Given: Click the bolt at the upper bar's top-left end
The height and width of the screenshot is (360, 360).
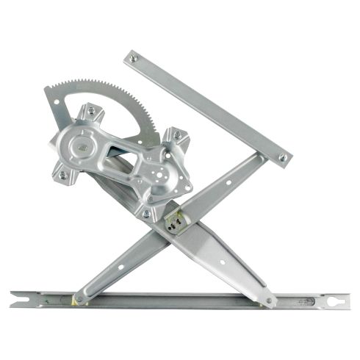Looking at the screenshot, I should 133,58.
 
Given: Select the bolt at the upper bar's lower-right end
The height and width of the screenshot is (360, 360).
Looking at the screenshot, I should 282,156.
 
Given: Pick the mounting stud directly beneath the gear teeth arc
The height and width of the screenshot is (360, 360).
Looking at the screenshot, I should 91,111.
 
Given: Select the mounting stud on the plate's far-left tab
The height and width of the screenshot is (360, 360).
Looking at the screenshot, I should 62,176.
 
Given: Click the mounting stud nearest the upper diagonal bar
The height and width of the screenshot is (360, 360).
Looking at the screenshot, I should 176,135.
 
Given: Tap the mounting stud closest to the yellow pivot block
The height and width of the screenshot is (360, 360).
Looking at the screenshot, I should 146,213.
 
